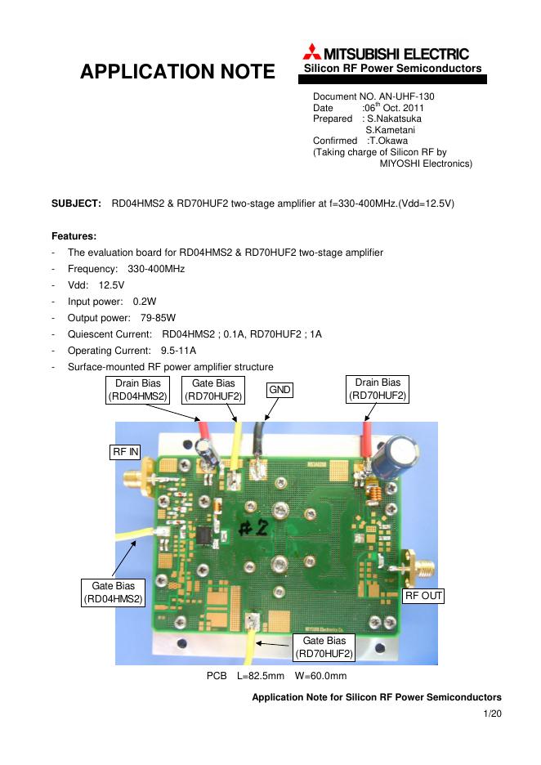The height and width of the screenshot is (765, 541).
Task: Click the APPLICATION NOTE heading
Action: pos(177,72)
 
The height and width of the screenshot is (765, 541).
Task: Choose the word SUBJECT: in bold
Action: pos(77,202)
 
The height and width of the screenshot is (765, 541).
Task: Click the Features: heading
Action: pos(74,235)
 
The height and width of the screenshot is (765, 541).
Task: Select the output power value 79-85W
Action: pos(158,318)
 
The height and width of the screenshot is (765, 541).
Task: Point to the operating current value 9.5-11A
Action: pos(178,351)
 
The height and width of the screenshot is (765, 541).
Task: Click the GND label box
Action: pos(280,391)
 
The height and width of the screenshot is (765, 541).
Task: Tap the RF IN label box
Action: pos(125,451)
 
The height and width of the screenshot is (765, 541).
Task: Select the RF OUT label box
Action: pos(424,596)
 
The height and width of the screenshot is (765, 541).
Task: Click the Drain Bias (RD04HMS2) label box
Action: pos(137,389)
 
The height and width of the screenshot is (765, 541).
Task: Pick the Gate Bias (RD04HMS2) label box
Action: pos(113,593)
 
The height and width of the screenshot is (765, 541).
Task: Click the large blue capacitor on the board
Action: pos(403,452)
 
